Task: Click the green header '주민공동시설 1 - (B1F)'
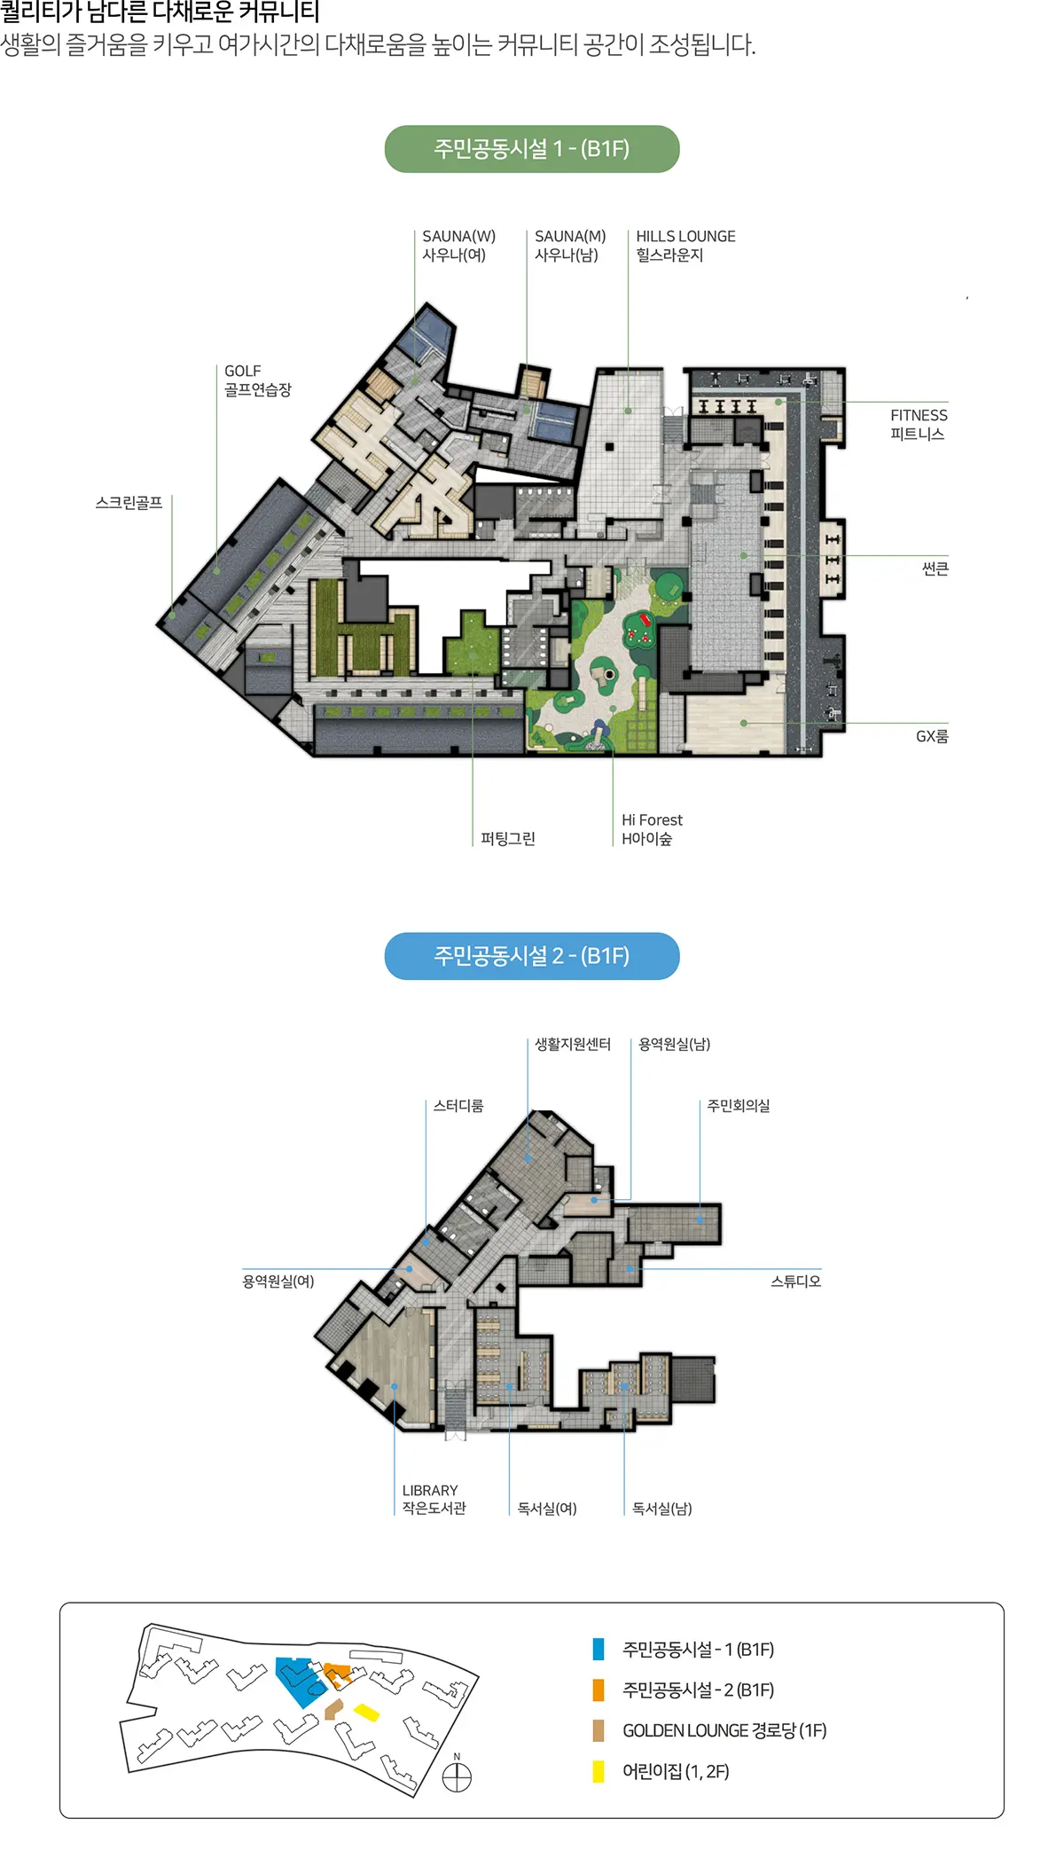[x=532, y=149]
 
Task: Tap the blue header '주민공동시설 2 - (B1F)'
[x=532, y=956]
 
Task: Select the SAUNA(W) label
[x=458, y=246]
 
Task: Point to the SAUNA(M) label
[x=570, y=246]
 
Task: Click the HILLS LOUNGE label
[x=685, y=246]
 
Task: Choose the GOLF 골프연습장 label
[x=257, y=380]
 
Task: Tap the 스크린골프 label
[x=129, y=503]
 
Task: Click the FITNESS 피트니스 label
[x=919, y=425]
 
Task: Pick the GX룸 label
[x=932, y=736]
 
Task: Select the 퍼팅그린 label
[x=508, y=838]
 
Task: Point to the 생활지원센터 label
[x=573, y=1045]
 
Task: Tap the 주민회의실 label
[x=738, y=1106]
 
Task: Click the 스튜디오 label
[x=795, y=1282]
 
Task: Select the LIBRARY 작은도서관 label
[x=434, y=1499]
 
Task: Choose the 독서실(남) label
[x=661, y=1509]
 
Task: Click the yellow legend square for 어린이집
[x=598, y=1771]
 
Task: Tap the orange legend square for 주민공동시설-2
[x=598, y=1690]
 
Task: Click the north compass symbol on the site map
[x=457, y=1778]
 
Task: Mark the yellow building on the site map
[x=366, y=1712]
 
